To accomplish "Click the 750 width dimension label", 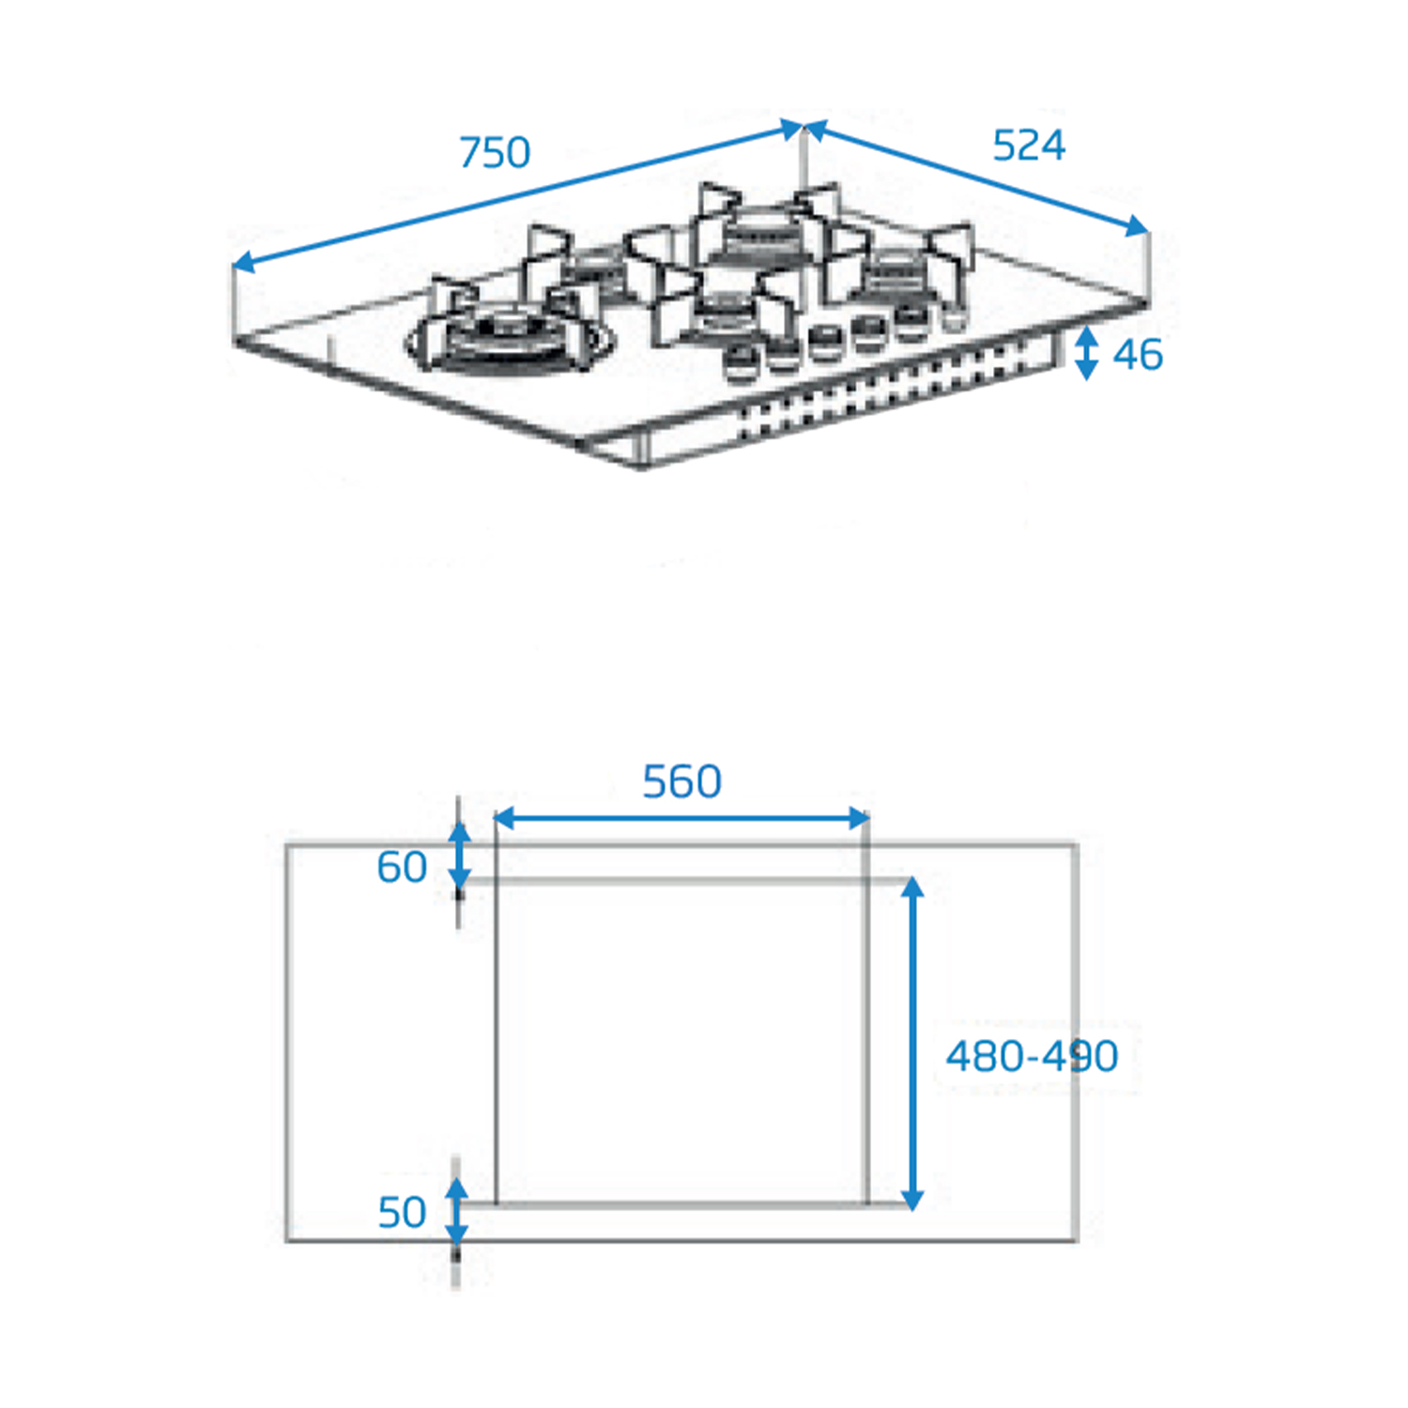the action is (495, 152).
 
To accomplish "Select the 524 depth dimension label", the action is (1029, 145).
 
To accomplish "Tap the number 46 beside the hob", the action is (1138, 355).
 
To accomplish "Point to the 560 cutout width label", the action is (682, 781).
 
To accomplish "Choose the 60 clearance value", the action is (402, 867).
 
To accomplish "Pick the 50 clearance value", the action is (402, 1213).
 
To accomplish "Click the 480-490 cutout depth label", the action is (1032, 1056).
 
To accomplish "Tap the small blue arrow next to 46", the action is (1086, 353).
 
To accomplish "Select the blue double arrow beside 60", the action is (459, 855).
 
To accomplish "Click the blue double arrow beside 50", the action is (456, 1212).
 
